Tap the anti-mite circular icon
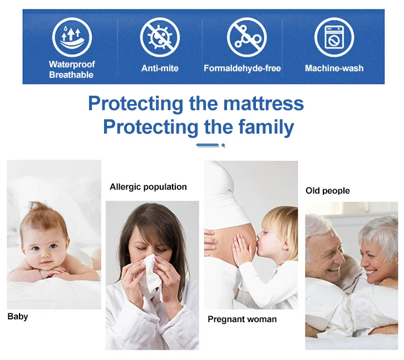[160, 37]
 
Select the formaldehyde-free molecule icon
[247, 37]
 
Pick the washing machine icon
[334, 37]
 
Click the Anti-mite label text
[160, 68]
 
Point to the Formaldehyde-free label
[242, 68]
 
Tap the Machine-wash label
[334, 68]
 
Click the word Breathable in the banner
[71, 75]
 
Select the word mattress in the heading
[263, 103]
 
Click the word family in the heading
[265, 127]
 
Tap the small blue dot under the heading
[223, 145]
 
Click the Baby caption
[18, 317]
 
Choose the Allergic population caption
[148, 187]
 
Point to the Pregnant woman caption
[242, 319]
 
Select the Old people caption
[328, 191]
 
